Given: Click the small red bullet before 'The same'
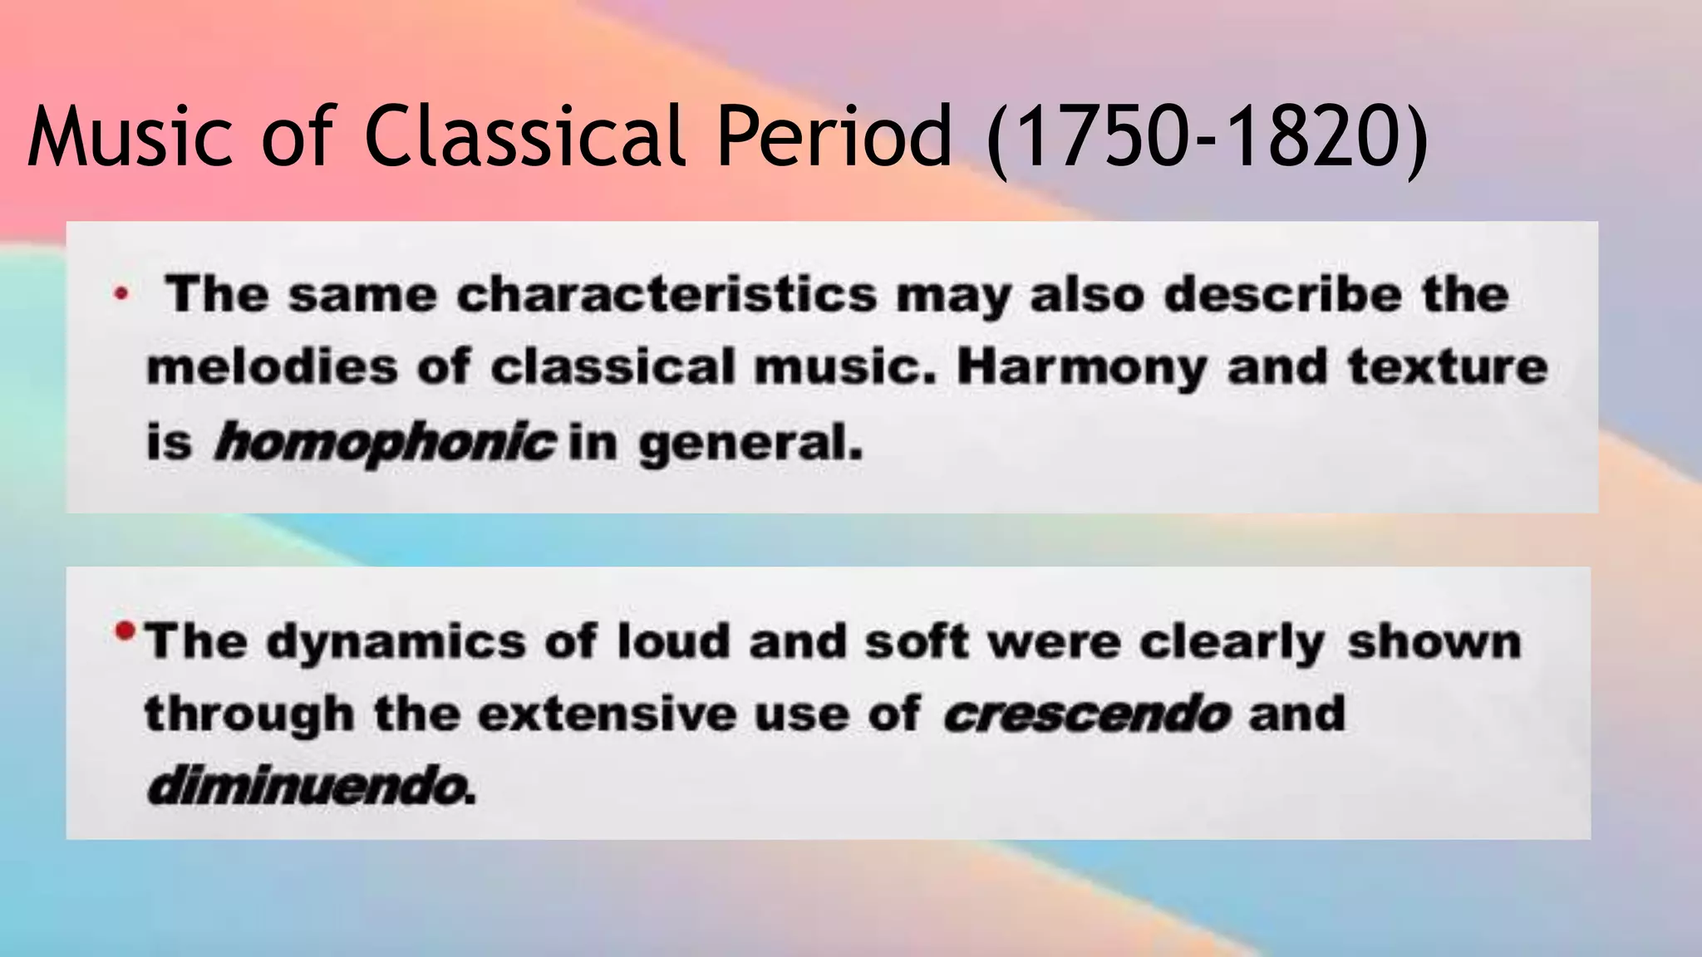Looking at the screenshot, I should (x=121, y=293).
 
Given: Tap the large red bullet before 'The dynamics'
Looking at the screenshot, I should (x=125, y=631).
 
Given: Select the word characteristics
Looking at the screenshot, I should (x=667, y=295).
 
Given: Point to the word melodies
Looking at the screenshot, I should (x=272, y=367).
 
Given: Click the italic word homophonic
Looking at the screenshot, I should (x=385, y=441).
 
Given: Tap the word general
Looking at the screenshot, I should (x=750, y=443).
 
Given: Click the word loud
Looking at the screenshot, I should (x=674, y=642).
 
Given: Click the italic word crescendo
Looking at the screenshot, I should (x=1087, y=714).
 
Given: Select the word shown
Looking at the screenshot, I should (x=1434, y=642).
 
